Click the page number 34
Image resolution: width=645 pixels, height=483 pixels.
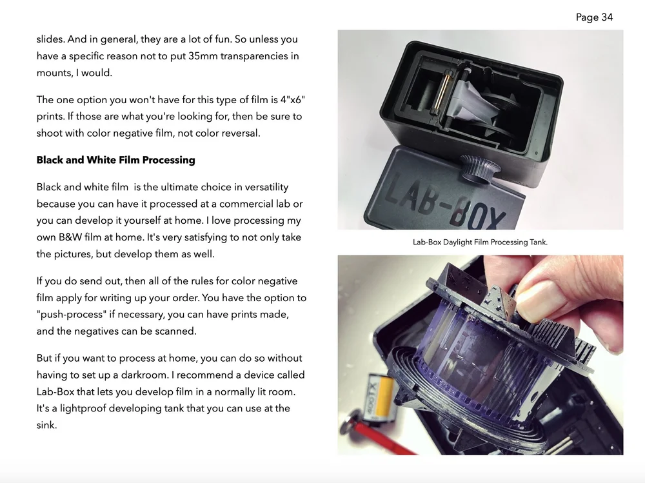click(606, 17)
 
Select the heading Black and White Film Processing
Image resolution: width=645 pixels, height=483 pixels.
click(115, 160)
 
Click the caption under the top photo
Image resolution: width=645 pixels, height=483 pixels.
click(480, 242)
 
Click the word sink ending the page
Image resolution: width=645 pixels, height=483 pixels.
click(46, 425)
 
